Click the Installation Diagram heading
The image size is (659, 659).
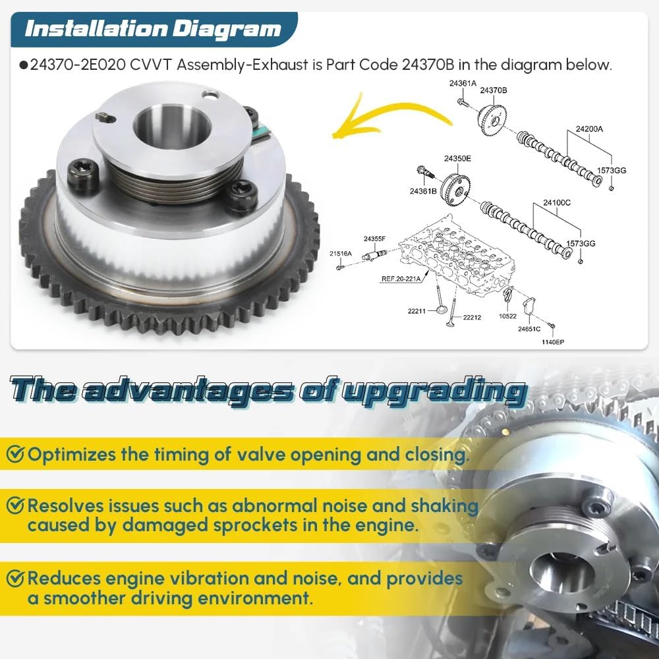[153, 29]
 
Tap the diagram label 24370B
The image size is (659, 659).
[494, 90]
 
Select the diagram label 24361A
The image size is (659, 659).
[463, 83]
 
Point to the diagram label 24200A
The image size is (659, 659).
[588, 129]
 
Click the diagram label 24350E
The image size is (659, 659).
[458, 158]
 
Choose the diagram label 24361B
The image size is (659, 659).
[423, 191]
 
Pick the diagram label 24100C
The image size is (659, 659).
[557, 202]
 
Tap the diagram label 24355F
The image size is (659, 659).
[374, 239]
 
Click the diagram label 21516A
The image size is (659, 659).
[341, 254]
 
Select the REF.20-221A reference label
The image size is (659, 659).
[401, 279]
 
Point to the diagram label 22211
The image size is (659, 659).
[416, 311]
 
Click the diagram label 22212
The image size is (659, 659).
[472, 318]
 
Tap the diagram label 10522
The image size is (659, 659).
[507, 316]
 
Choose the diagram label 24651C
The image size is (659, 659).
[529, 329]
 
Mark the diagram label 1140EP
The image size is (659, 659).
[553, 342]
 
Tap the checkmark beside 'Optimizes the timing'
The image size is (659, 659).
[15, 454]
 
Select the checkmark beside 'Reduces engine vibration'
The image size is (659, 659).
[15, 579]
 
